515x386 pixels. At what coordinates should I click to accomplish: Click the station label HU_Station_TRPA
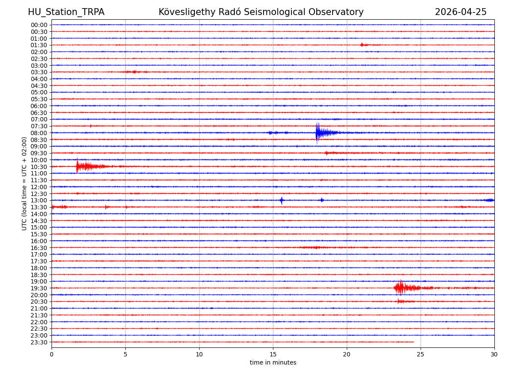(x=66, y=12)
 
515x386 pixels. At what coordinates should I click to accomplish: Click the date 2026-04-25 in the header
(x=460, y=12)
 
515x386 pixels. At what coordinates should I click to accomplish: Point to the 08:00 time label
(x=39, y=133)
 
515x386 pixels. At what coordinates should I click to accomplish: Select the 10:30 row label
(x=39, y=167)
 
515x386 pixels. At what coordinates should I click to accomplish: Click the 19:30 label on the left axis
(x=39, y=288)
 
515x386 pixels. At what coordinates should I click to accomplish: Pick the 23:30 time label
(x=39, y=342)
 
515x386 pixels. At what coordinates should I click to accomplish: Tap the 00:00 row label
(x=39, y=25)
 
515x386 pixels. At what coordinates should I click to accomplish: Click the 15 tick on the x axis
(x=273, y=354)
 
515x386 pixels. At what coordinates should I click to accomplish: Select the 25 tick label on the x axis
(x=421, y=354)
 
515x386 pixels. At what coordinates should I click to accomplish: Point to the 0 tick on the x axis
(x=51, y=354)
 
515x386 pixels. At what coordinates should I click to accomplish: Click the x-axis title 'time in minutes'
(x=273, y=363)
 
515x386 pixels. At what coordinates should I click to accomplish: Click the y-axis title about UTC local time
(x=24, y=184)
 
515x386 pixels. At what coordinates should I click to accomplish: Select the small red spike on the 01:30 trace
(x=362, y=45)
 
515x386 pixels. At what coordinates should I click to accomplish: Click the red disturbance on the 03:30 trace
(x=135, y=72)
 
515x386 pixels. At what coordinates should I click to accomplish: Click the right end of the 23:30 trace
(x=414, y=342)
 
